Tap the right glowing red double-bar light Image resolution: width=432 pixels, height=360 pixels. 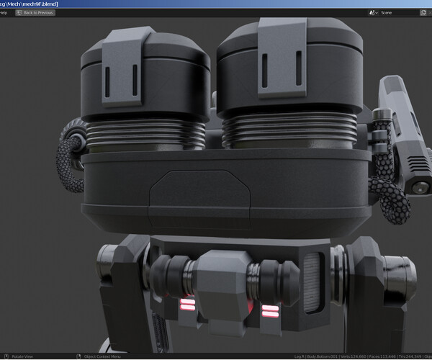pos(270,311)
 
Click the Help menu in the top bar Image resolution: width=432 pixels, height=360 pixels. pos(4,13)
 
